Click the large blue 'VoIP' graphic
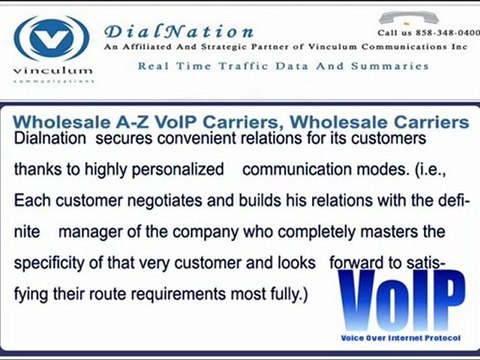(x=400, y=297)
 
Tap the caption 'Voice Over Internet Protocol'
(x=400, y=338)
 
